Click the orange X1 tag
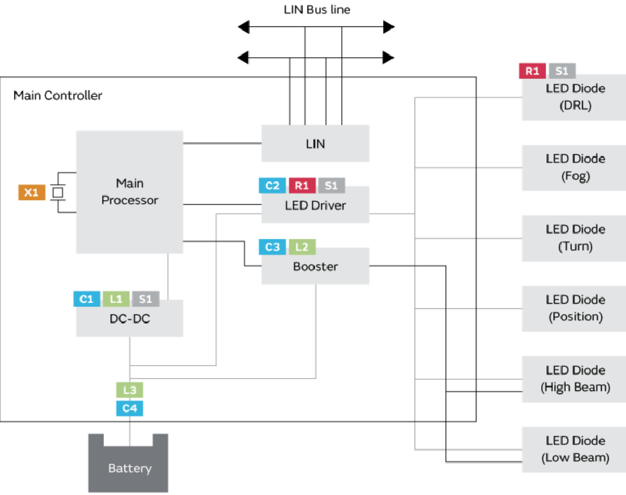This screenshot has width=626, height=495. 31,193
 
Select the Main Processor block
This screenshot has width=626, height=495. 130,191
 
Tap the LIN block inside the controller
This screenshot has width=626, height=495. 315,143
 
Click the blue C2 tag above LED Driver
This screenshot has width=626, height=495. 272,185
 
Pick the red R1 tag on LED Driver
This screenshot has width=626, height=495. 302,185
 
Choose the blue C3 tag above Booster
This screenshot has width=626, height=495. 272,247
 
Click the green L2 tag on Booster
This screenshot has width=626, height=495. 302,247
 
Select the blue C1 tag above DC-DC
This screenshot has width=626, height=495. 87,299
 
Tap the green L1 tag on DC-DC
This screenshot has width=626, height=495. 116,299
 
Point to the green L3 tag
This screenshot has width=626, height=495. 130,389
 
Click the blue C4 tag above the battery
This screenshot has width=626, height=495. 130,408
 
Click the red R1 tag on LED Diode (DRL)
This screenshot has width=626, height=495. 532,71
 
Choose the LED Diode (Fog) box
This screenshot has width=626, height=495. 575,167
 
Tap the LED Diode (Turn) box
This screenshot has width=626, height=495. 575,238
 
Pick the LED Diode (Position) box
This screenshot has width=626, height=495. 575,308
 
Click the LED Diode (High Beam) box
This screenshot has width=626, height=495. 575,379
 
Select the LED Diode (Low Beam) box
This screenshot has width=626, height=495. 575,449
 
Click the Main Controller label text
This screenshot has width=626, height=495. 58,95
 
